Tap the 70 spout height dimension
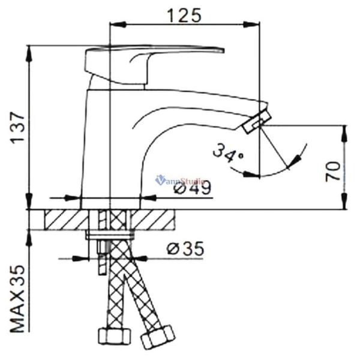[334, 170]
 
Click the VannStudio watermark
[180, 179]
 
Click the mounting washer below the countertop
[112, 234]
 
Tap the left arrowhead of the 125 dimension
[115, 25]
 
